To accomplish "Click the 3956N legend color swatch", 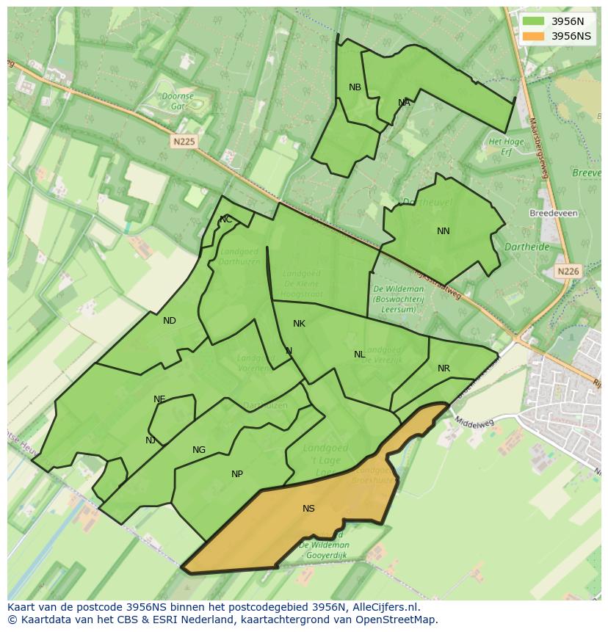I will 534,21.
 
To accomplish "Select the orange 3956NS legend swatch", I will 534,36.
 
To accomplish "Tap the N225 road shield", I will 184,142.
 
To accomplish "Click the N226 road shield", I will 568,271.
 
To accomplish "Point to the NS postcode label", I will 308,509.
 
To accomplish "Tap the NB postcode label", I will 355,87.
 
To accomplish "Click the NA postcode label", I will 404,103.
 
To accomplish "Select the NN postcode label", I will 444,231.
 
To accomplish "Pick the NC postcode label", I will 226,219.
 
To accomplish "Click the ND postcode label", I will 170,321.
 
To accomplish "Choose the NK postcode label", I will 299,324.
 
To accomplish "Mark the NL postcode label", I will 359,355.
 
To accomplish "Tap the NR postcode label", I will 444,368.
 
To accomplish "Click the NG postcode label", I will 199,450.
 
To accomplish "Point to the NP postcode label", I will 237,474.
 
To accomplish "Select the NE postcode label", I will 159,399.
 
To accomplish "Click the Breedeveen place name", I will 553,214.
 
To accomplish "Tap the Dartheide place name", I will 527,247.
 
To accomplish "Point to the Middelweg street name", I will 471,424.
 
